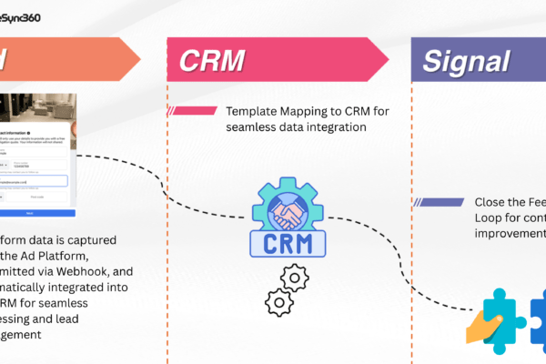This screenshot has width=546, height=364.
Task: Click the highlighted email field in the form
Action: [x=37, y=180]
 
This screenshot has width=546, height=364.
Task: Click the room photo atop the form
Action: [x=37, y=109]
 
